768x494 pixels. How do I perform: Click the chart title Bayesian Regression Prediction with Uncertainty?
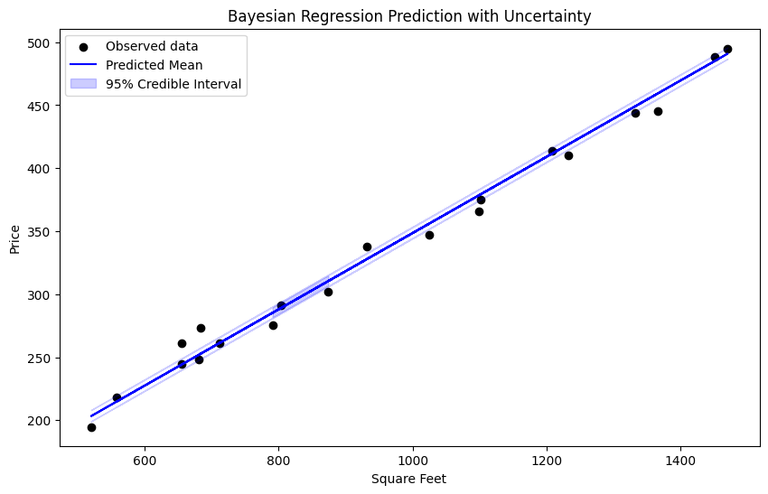(409, 16)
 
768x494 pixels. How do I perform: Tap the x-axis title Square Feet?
(409, 479)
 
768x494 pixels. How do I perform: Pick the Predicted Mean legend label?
(154, 65)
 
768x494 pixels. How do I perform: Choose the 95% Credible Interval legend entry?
(173, 84)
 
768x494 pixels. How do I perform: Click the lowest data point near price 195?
(91, 427)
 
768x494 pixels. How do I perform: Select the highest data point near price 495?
(727, 49)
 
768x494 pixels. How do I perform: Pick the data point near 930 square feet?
(367, 247)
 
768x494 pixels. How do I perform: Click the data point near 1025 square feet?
(429, 235)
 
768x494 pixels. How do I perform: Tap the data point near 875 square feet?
(328, 292)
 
